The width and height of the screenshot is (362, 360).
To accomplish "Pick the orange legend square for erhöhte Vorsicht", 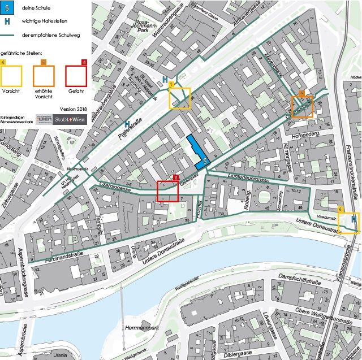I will pos(44,75).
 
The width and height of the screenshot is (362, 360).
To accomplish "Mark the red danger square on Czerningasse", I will pos(168,190).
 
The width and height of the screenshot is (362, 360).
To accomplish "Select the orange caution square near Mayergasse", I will pos(301,106).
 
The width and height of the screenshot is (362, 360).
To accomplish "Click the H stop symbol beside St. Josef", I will pos(165,80).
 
